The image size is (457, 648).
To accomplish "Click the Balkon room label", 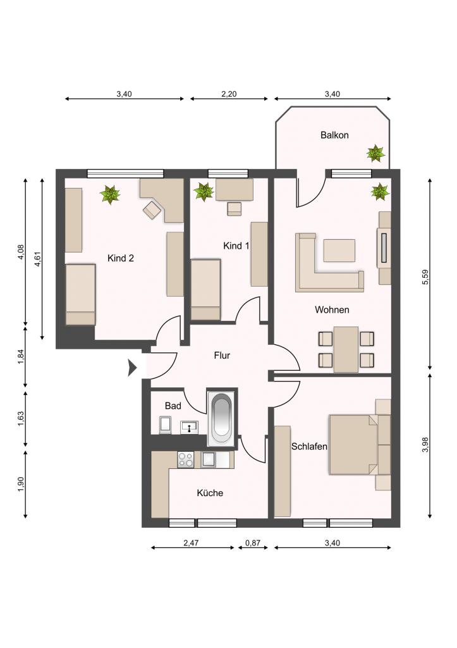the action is pyautogui.click(x=334, y=135).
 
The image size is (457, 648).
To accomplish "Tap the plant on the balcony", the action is pyautogui.click(x=375, y=153).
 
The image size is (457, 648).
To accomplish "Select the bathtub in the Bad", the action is pyautogui.click(x=222, y=418).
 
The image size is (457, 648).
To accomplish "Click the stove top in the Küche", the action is pyautogui.click(x=185, y=460).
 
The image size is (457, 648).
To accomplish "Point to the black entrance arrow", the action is pyautogui.click(x=132, y=368).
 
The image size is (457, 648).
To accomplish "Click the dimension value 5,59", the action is pyautogui.click(x=426, y=277).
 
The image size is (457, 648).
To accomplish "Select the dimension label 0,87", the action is pyautogui.click(x=253, y=543).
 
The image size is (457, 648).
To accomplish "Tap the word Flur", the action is pyautogui.click(x=222, y=356).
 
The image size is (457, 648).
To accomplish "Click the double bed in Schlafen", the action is pyautogui.click(x=353, y=444).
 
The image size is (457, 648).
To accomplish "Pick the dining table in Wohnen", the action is pyautogui.click(x=346, y=349).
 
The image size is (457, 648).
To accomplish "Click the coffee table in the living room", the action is pyautogui.click(x=339, y=251).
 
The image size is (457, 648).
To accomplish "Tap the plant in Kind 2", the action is pyautogui.click(x=110, y=195).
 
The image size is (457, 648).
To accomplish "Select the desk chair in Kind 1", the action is pyautogui.click(x=235, y=209).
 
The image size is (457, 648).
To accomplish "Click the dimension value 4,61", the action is pyautogui.click(x=37, y=259).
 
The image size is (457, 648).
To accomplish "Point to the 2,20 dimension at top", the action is pyautogui.click(x=229, y=94).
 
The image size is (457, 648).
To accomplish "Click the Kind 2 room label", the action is pyautogui.click(x=121, y=258).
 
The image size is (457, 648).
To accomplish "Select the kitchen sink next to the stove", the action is pyautogui.click(x=208, y=460).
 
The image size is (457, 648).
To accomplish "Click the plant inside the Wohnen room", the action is pyautogui.click(x=381, y=192).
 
